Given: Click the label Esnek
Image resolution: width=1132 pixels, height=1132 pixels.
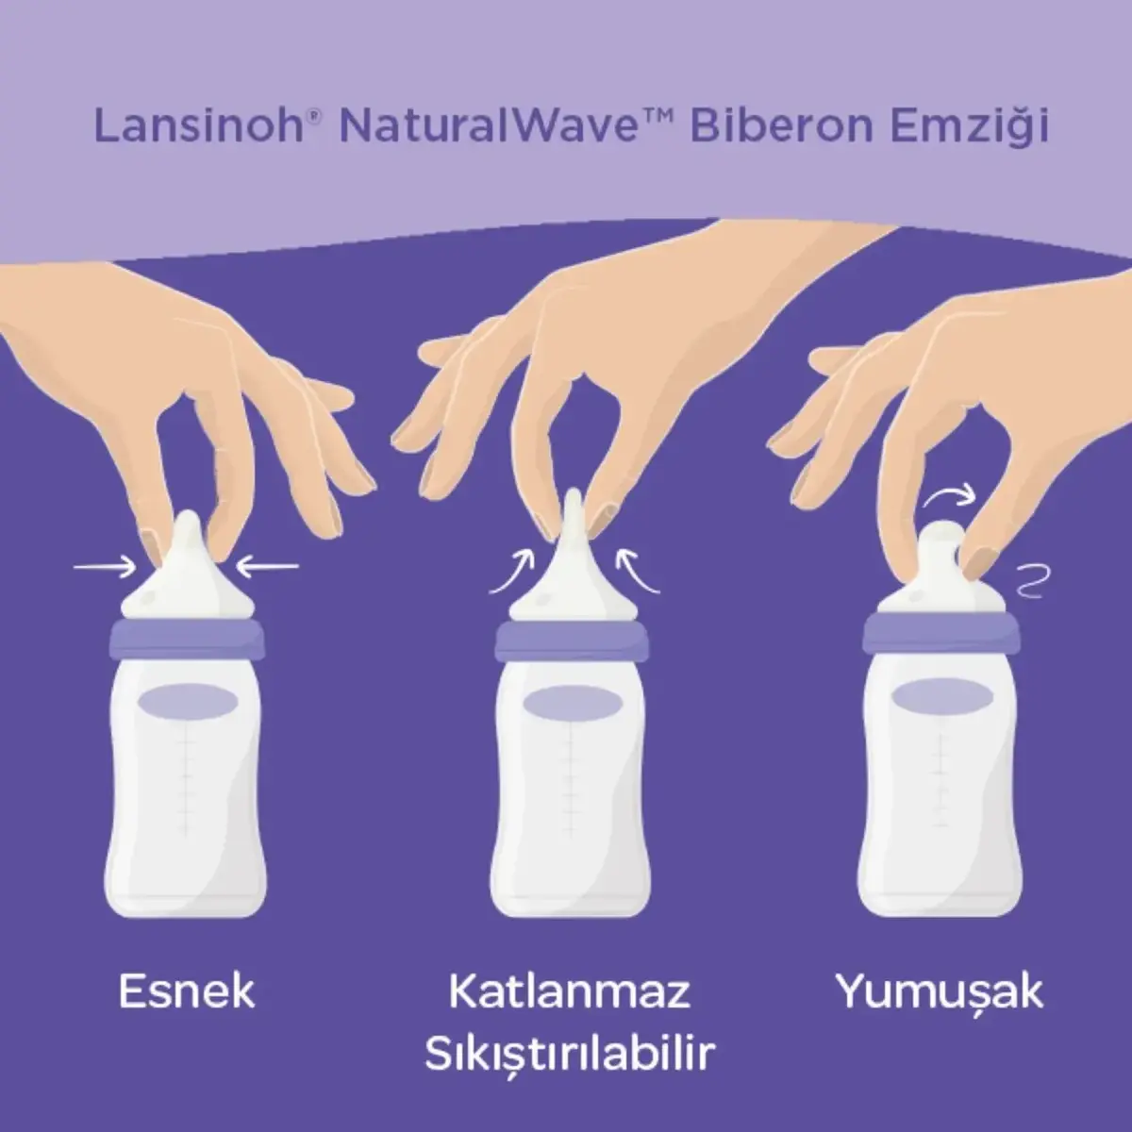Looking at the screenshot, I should click(187, 991).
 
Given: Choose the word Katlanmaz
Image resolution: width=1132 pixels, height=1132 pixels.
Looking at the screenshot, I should click(569, 991).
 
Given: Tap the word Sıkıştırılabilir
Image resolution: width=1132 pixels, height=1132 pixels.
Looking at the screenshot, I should click(569, 1055).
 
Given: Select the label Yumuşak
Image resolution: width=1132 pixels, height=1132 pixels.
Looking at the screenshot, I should click(940, 991).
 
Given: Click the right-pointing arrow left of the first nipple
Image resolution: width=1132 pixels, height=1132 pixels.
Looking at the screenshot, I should click(106, 567).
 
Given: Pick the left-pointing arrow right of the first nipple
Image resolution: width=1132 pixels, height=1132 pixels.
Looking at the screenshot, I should click(267, 566).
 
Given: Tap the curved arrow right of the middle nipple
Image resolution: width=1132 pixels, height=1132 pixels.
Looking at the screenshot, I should click(637, 573).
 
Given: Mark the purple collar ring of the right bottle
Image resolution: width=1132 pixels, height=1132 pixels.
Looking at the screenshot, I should click(941, 633).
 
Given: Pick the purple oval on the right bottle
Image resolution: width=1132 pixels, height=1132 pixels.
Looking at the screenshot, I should click(941, 697).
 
